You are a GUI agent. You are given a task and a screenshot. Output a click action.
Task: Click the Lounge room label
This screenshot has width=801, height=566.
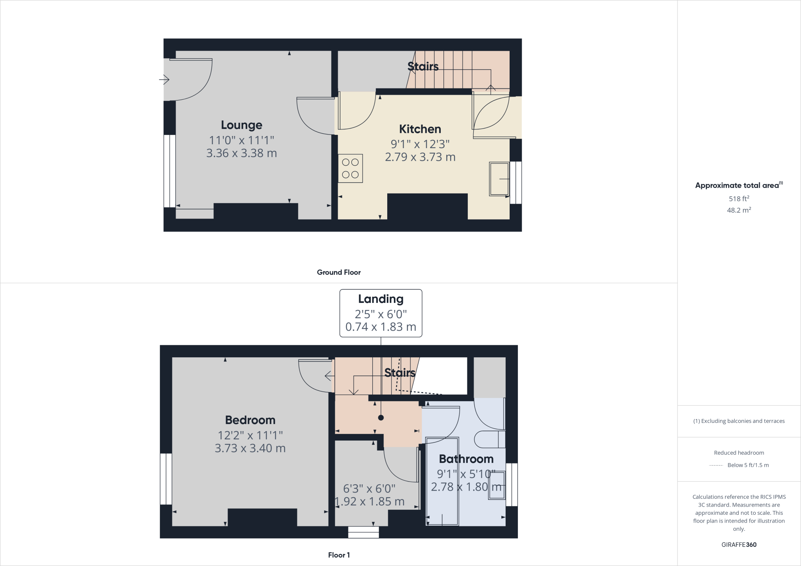(x=241, y=125)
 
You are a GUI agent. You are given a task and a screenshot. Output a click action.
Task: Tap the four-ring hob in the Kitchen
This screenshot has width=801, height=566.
(x=350, y=168)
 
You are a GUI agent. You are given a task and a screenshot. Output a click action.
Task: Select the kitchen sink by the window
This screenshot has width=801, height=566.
(x=499, y=179)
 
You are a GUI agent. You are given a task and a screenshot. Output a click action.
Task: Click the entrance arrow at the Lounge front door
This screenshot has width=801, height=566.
(x=164, y=80)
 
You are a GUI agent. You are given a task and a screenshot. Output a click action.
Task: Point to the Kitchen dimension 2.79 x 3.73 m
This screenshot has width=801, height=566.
(x=420, y=157)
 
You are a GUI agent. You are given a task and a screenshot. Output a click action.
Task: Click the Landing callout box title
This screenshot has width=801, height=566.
(x=381, y=299)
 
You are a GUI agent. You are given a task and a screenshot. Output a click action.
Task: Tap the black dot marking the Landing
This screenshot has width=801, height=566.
(x=381, y=417)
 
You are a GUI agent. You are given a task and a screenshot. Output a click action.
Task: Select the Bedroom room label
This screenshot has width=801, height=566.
(x=250, y=420)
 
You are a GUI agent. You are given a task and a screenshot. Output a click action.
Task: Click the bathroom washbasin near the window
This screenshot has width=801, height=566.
(x=497, y=485)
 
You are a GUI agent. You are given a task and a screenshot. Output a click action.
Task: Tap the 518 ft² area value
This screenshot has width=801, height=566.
(x=739, y=199)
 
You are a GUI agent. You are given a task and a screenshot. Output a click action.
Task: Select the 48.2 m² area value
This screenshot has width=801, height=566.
(x=739, y=210)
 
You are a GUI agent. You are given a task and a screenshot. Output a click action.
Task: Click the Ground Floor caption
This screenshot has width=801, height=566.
(x=339, y=272)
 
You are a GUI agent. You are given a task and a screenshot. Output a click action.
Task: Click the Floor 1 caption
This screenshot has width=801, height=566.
(x=339, y=555)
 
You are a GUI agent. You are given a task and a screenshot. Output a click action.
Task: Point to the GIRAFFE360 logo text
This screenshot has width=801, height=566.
(x=739, y=545)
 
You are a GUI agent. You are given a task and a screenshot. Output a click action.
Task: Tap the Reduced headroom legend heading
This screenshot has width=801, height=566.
(x=739, y=453)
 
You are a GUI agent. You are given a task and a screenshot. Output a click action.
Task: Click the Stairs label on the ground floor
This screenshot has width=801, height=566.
(x=423, y=66)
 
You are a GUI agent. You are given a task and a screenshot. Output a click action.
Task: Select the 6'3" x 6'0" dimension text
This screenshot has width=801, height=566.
(x=369, y=489)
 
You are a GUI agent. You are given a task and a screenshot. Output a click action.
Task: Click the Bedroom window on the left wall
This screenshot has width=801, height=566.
(x=166, y=479)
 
